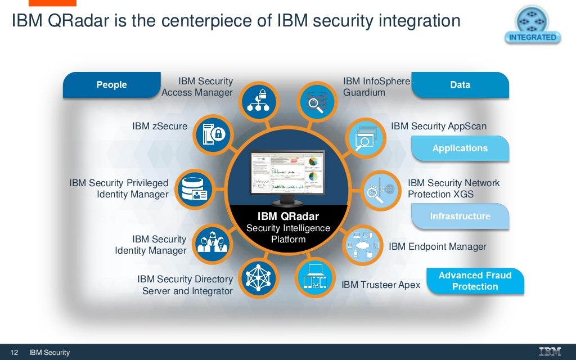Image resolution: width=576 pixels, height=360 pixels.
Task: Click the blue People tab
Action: (x=111, y=85)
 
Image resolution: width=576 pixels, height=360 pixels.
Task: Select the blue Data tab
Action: (x=460, y=85)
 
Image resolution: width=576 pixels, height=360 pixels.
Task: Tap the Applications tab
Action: (x=460, y=148)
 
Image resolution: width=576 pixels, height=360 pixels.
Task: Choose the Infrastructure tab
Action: (x=460, y=217)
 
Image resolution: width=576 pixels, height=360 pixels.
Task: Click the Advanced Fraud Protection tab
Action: (x=475, y=281)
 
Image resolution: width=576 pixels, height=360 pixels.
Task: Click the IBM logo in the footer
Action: (x=550, y=352)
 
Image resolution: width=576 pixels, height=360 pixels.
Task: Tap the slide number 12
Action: (x=14, y=353)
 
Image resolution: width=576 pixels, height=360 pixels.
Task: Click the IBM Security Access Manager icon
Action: (x=258, y=102)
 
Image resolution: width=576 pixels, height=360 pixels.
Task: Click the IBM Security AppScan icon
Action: (x=362, y=137)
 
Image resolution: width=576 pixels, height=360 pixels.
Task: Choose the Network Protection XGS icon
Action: (x=379, y=190)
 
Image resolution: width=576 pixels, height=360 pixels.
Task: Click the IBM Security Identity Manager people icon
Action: (x=211, y=242)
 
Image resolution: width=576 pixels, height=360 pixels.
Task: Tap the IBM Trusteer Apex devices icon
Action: (x=314, y=277)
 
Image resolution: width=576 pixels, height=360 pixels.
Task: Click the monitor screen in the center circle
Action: (x=287, y=173)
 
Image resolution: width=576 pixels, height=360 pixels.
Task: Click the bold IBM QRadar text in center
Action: (x=288, y=217)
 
